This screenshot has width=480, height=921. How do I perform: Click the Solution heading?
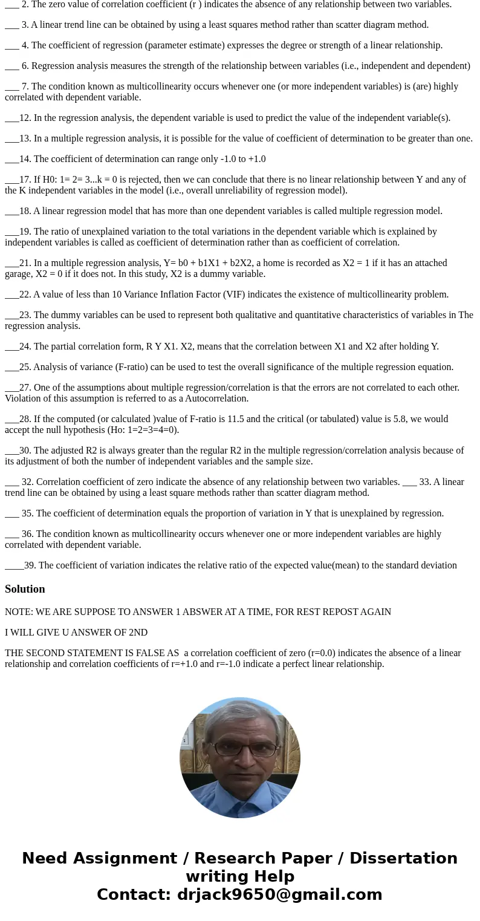[25, 589]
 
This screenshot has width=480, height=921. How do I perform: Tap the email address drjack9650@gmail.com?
[279, 894]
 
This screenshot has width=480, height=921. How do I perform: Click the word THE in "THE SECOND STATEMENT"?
[15, 653]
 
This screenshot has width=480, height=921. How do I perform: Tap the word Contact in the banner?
[134, 894]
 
